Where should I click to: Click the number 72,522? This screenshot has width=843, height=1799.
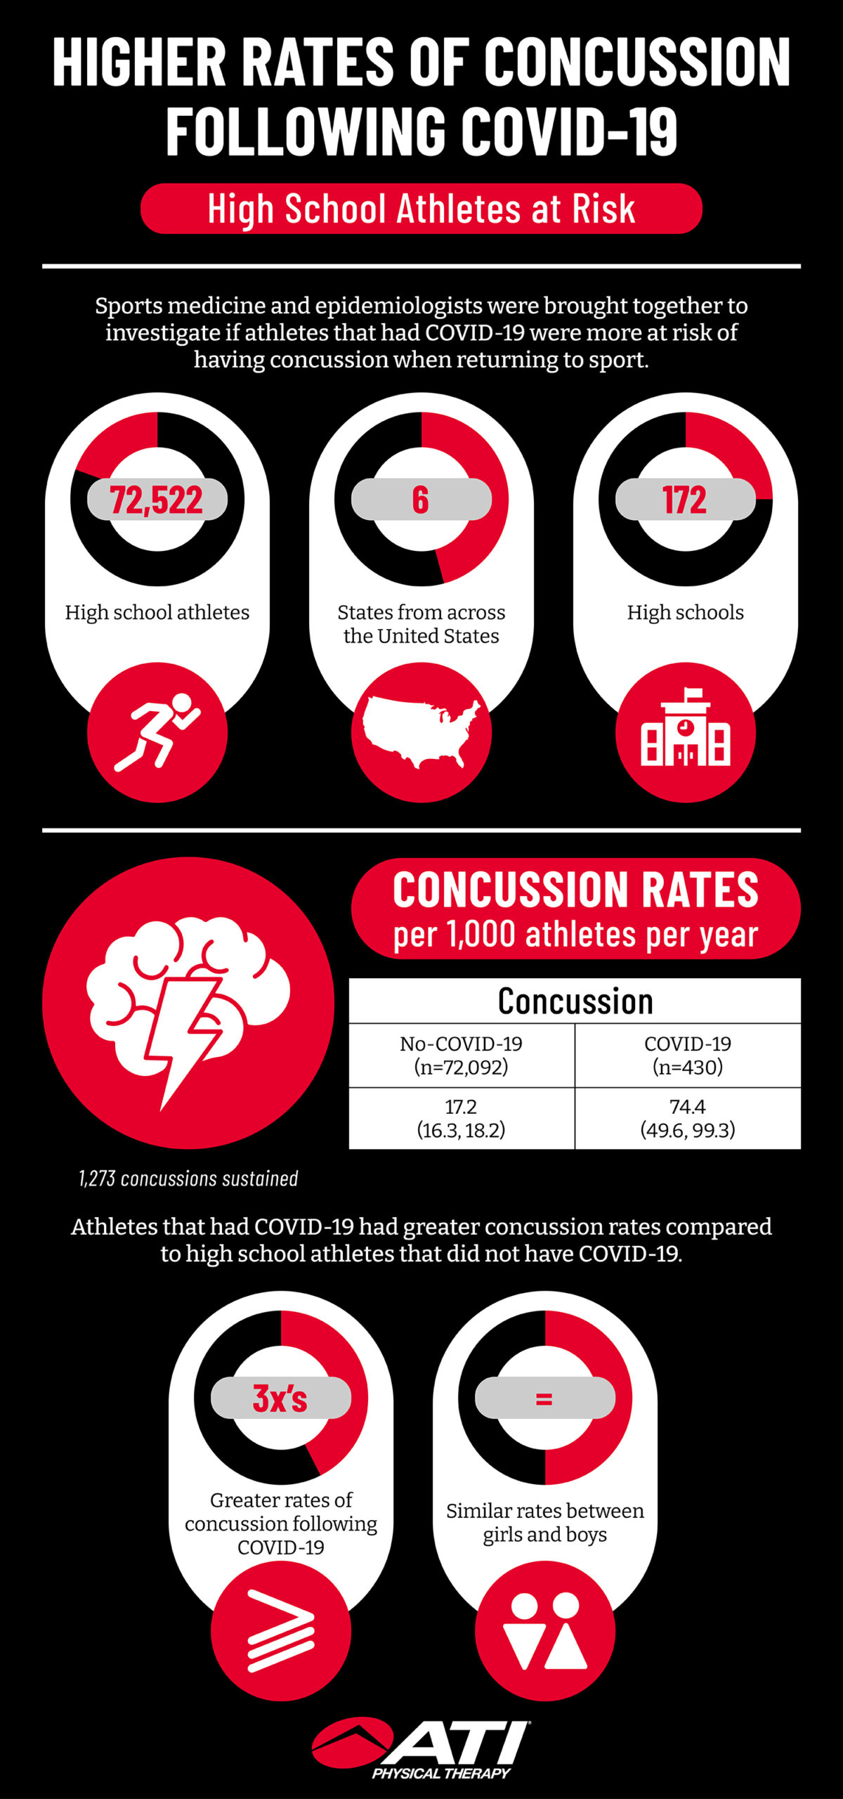pyautogui.click(x=157, y=500)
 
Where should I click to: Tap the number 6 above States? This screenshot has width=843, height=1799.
pyautogui.click(x=420, y=500)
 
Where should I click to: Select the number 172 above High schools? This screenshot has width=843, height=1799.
pyautogui.click(x=685, y=500)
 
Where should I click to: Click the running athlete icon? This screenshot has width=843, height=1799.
pyautogui.click(x=157, y=732)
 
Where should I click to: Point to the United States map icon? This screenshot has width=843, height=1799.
pyautogui.click(x=421, y=732)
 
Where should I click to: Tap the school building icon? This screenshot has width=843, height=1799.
pyautogui.click(x=685, y=732)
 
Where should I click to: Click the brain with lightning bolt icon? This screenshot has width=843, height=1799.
pyautogui.click(x=188, y=1002)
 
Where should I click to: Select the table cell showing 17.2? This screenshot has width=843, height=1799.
pyautogui.click(x=461, y=1118)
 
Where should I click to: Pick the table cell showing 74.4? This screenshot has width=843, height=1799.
pyautogui.click(x=687, y=1118)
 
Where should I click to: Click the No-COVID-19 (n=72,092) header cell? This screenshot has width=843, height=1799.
pyautogui.click(x=461, y=1055)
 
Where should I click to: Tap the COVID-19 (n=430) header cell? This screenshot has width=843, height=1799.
pyautogui.click(x=687, y=1055)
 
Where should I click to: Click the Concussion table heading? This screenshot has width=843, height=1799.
pyautogui.click(x=575, y=1001)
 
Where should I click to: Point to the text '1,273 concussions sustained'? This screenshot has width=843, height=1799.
pyautogui.click(x=188, y=1178)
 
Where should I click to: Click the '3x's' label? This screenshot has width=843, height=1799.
pyautogui.click(x=280, y=1398)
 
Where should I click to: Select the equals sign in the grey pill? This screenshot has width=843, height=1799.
pyautogui.click(x=544, y=1398)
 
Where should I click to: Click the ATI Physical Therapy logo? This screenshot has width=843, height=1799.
pyautogui.click(x=421, y=1748)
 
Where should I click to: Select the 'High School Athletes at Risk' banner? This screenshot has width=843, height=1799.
pyautogui.click(x=421, y=209)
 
